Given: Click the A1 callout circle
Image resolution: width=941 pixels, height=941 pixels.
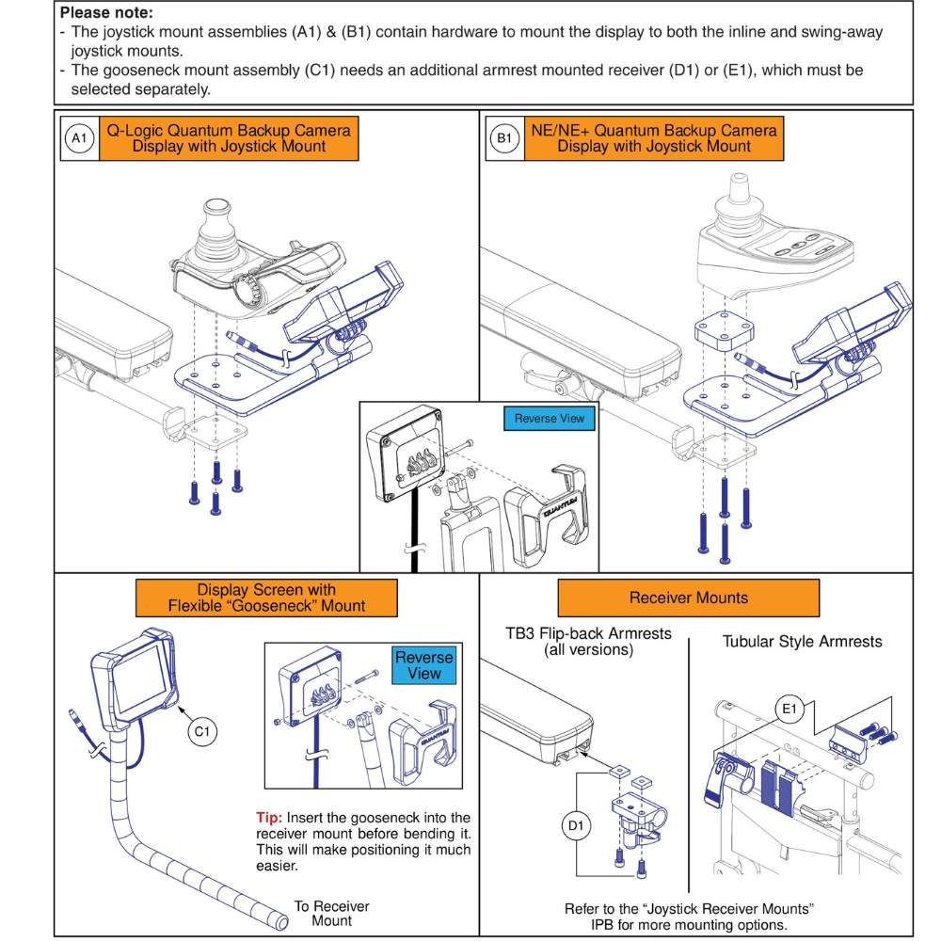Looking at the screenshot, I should (79, 138).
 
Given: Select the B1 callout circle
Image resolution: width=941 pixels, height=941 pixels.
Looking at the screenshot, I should (504, 138).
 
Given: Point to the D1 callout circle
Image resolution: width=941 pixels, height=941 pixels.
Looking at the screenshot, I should (577, 826).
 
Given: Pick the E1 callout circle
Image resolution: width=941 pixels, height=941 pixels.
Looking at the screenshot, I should (787, 707).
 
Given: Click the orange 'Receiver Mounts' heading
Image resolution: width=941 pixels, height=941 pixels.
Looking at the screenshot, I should (688, 598).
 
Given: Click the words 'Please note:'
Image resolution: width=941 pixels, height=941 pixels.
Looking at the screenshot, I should (106, 14).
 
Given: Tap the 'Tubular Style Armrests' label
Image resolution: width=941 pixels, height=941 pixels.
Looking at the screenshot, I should (802, 642).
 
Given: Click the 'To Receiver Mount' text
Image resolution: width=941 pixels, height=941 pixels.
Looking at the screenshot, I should (331, 914).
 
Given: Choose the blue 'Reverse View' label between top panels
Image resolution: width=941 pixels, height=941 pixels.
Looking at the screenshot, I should (549, 419).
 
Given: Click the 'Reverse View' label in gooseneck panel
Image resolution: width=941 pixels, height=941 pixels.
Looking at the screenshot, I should (423, 665).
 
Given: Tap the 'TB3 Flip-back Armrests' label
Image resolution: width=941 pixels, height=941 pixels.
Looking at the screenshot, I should (588, 641).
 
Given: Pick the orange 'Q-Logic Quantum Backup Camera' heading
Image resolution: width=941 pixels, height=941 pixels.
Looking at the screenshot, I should (229, 137).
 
